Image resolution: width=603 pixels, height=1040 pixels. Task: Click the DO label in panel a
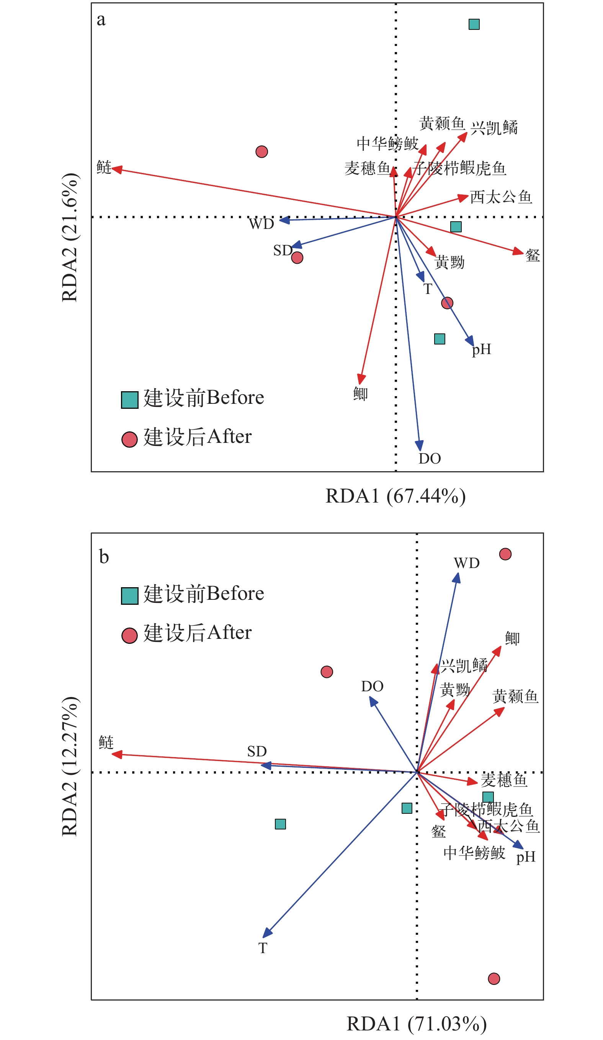430,459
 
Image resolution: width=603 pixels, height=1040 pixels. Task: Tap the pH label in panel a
481,349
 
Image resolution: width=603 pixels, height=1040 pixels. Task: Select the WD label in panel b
466,563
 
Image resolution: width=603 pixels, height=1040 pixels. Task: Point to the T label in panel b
263,949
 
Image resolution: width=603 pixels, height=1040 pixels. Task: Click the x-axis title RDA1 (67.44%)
395,496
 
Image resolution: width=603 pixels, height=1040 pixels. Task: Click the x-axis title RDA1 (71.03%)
417,1024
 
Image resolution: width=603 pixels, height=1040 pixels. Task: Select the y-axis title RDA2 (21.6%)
69,237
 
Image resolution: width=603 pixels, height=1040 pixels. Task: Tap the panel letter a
101,20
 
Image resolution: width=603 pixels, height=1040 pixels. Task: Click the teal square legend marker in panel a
130,400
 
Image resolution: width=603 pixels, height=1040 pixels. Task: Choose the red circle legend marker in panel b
130,635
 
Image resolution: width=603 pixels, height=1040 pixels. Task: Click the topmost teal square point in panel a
474,24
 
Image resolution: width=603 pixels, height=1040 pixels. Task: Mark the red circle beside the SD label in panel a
297,258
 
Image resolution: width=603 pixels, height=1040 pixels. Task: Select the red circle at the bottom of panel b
494,978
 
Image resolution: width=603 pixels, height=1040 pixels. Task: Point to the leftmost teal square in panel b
280,824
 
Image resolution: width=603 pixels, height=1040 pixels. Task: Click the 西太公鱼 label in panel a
501,197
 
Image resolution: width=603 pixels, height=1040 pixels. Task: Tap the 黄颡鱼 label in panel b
515,697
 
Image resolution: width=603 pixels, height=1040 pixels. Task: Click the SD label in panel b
257,751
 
